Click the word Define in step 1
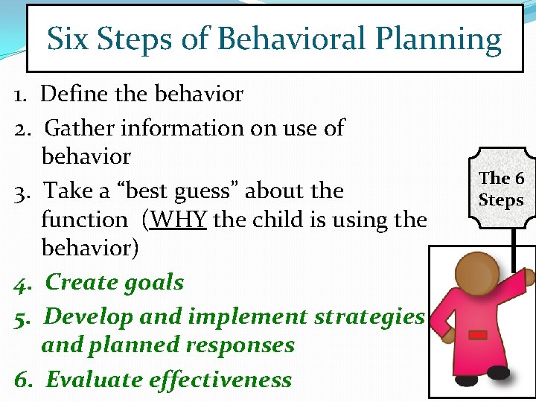point(70,94)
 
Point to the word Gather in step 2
point(80,128)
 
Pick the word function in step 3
point(84,220)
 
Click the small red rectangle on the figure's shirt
point(478,336)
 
